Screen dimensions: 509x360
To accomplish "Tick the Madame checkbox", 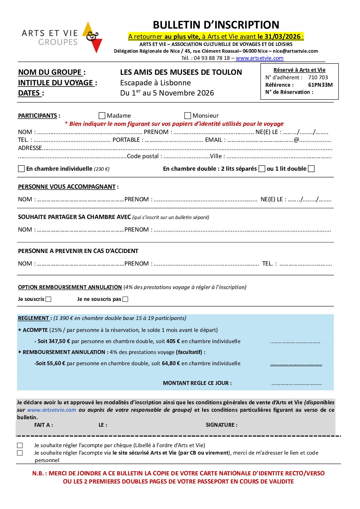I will [102, 116].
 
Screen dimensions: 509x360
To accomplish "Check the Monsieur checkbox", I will [187, 116].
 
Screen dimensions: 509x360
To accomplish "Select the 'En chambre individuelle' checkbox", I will [21, 169].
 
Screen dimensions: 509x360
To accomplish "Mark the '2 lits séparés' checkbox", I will [262, 169].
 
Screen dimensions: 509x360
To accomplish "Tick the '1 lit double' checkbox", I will [311, 169].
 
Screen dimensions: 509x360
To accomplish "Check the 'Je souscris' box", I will [49, 299].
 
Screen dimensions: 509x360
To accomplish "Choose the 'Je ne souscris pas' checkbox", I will [125, 299].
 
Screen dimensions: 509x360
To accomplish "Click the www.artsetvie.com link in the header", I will [259, 58].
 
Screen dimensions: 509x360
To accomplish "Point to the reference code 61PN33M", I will [320, 85].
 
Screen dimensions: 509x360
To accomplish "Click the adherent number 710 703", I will [318, 78].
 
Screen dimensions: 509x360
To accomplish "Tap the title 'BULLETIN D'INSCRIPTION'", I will [216, 25].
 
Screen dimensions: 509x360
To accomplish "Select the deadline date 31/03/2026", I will [283, 37].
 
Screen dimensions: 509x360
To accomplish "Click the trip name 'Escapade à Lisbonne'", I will [155, 83].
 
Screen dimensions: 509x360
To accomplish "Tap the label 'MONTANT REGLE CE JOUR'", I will [197, 383].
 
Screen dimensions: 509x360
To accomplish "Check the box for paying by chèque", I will [20, 445].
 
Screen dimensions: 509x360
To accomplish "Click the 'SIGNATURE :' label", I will [222, 425].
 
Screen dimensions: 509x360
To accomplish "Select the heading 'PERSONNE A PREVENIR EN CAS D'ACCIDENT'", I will [78, 251].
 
